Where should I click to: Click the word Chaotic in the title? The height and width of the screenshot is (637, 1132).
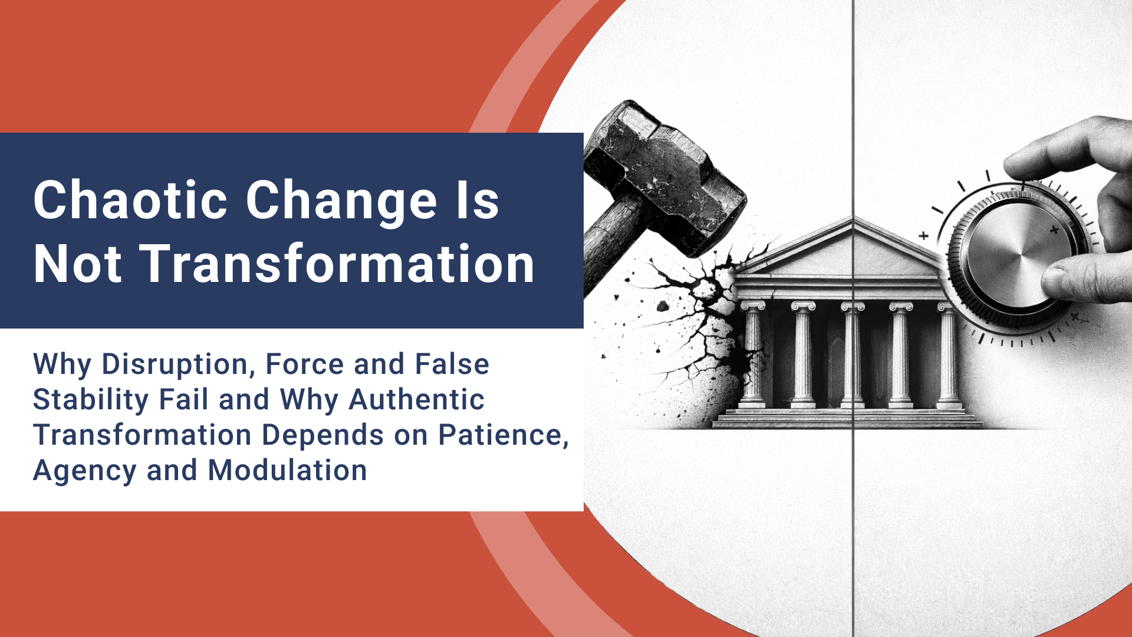pos(130,201)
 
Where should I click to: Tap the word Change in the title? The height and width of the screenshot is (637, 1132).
pos(341,201)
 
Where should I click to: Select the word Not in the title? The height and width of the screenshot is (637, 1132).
pos(77,264)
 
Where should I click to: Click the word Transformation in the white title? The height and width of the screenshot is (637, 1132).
pos(337,264)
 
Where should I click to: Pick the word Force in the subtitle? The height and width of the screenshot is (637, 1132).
pos(304,364)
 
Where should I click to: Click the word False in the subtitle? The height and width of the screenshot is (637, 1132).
pos(452,364)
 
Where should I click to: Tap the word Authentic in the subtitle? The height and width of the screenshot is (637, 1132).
pos(416,399)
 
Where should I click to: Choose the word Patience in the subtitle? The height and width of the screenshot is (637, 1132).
pos(503,435)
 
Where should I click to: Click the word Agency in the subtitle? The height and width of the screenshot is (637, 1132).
pos(85,471)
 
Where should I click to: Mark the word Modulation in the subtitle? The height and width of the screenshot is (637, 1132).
pos(287,470)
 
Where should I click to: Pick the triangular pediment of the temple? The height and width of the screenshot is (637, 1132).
pos(849,248)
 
